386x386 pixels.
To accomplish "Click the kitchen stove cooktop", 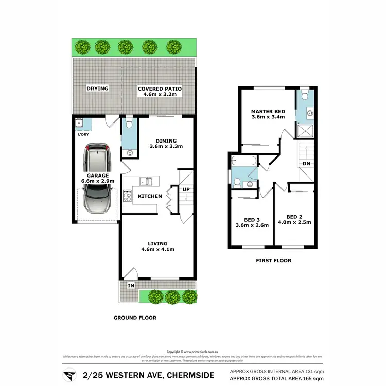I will coord(127,196).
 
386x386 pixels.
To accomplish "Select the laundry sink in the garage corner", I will coord(79,122).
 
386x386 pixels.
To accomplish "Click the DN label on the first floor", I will coord(306,163).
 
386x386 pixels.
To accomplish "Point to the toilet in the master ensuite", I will coord(304,96).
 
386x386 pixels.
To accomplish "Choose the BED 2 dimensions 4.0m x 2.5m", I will coord(295,223).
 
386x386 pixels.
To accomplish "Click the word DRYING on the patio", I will coord(97,89).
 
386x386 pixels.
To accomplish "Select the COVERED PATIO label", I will coord(160,89).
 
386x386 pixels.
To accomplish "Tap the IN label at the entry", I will coord(131,285).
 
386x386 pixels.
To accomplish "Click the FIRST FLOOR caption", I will coord(274,261).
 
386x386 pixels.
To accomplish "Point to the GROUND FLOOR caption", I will coord(135,318).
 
